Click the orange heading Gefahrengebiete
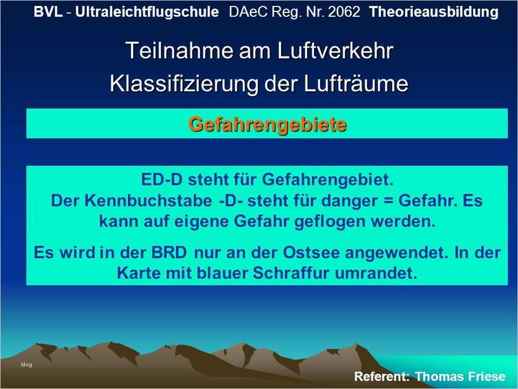click(x=268, y=125)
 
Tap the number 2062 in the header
click(x=344, y=12)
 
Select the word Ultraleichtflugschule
click(x=147, y=12)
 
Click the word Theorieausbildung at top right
click(x=434, y=12)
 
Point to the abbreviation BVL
click(x=48, y=12)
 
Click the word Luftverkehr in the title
click(x=335, y=51)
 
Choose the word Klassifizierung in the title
click(x=184, y=83)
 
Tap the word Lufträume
click(x=356, y=83)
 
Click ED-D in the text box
click(x=161, y=179)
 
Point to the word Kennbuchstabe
click(x=148, y=200)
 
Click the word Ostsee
click(x=311, y=253)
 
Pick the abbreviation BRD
click(x=169, y=253)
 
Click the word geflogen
click(x=330, y=222)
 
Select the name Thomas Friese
click(x=460, y=377)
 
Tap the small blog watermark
click(x=26, y=364)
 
